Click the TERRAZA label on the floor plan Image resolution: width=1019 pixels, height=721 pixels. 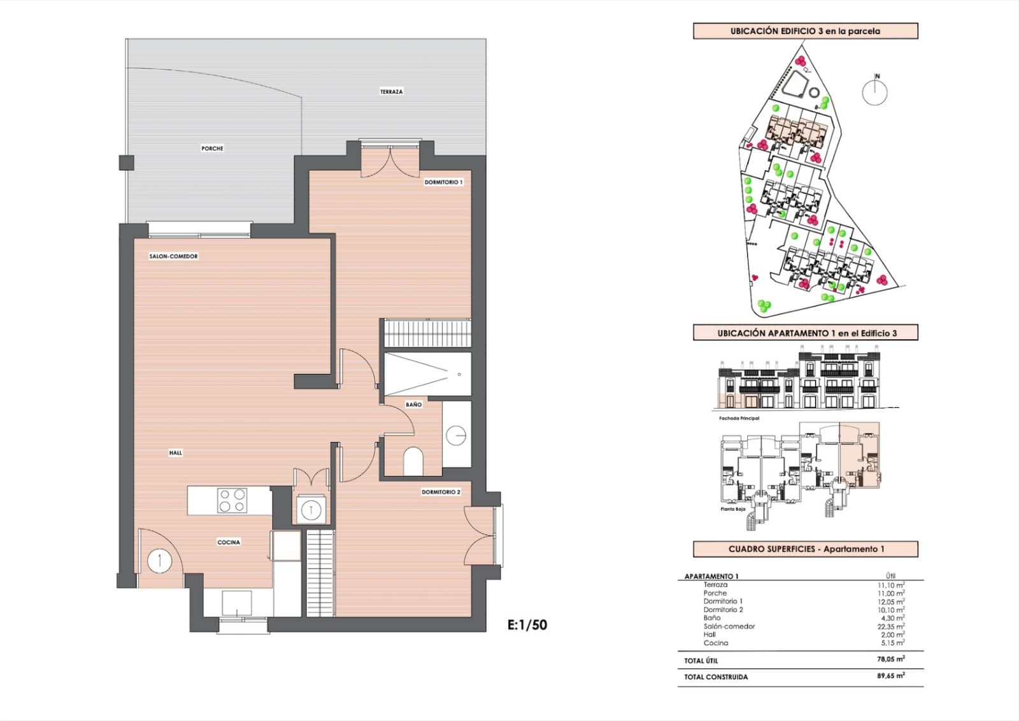click(391, 92)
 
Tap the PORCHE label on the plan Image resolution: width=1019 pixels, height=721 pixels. click(212, 149)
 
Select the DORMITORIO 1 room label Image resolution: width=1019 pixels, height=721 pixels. click(443, 182)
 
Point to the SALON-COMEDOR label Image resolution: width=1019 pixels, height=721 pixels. click(173, 256)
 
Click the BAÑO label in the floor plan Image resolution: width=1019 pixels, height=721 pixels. click(413, 405)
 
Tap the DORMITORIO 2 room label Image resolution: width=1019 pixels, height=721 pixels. click(440, 492)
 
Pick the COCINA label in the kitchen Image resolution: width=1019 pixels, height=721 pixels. click(229, 543)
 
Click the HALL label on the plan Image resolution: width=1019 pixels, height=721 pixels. click(176, 453)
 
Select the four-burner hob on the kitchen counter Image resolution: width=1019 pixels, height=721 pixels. click(232, 500)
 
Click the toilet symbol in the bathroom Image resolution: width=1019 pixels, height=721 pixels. click(413, 461)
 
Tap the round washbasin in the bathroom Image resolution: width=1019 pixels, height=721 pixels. click(456, 435)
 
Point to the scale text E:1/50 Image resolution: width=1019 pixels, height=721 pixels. click(527, 625)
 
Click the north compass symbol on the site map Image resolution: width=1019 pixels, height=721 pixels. click(875, 92)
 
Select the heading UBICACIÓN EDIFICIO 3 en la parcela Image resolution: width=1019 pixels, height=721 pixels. click(805, 31)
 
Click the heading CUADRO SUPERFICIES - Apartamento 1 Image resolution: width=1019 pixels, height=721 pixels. click(806, 549)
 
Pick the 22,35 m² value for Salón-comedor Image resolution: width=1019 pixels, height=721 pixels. click(890, 626)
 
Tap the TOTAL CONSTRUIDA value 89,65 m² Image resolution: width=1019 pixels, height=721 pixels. click(890, 676)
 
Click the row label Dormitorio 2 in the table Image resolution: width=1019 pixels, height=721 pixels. click(723, 609)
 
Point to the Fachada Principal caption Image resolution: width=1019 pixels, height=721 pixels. click(739, 418)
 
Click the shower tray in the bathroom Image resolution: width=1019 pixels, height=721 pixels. click(427, 374)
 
